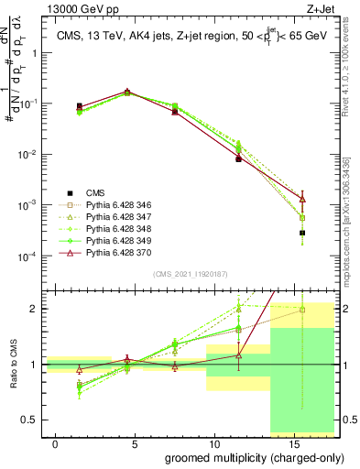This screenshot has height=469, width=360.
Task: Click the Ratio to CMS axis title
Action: [x=13, y=366]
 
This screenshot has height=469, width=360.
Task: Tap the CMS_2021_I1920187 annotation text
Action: [x=190, y=274]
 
